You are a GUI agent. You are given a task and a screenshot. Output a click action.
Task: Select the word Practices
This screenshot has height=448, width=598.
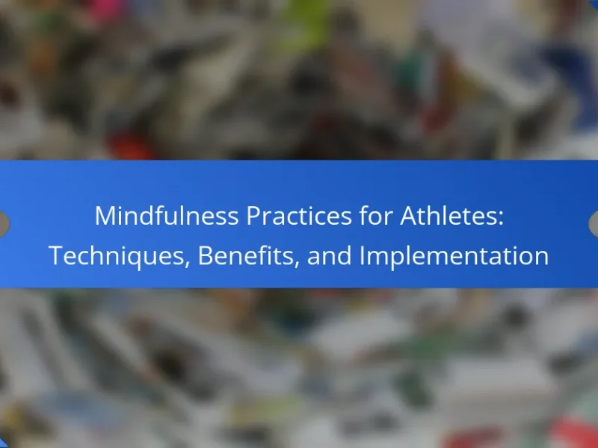[x=299, y=216]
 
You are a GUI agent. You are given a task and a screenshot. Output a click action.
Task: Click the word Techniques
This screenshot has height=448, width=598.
[x=117, y=255]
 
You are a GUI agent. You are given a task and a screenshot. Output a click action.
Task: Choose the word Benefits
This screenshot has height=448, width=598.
[x=245, y=255]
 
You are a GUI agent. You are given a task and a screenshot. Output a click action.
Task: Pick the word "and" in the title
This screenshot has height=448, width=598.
[x=329, y=255]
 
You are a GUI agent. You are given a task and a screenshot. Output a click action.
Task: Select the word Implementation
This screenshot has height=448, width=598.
[x=454, y=255]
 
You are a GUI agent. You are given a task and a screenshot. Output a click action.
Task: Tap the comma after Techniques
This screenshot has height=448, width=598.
[x=188, y=264]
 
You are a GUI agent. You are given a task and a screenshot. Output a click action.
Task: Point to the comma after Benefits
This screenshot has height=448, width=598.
[x=296, y=264]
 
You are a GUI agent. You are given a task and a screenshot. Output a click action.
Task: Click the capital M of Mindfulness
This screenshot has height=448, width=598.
[x=105, y=216]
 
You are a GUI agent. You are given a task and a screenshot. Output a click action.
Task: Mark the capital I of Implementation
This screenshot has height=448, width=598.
[x=362, y=255]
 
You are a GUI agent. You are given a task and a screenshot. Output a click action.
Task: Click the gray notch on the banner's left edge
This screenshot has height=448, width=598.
[x=4, y=223]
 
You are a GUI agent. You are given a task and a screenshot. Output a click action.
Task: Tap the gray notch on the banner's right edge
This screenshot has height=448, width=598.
[x=594, y=223]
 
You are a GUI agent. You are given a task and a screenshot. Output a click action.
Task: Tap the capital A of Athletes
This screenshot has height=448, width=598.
[x=410, y=216]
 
